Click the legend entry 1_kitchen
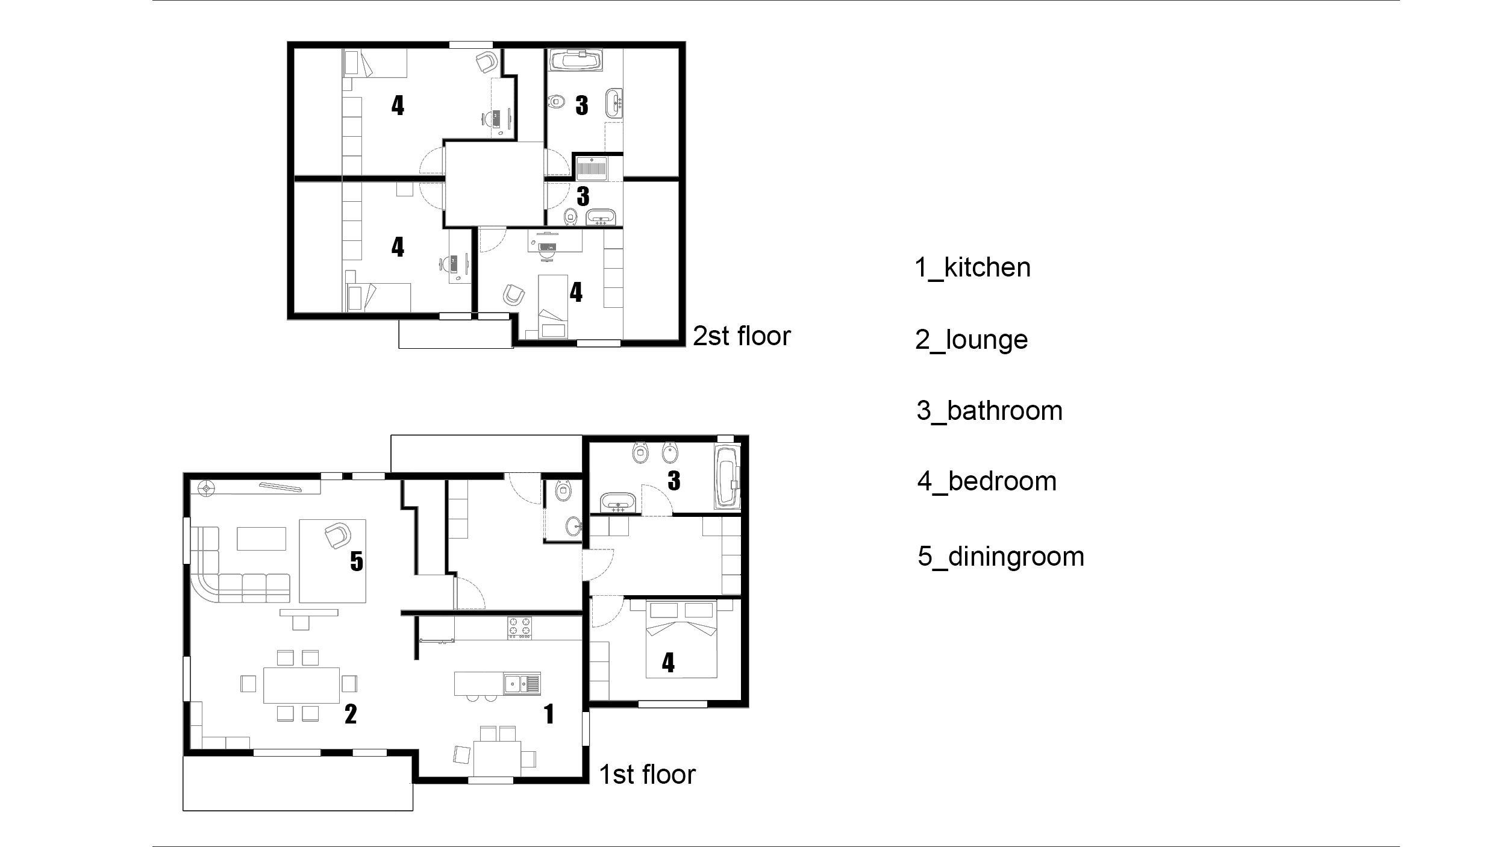[x=972, y=267]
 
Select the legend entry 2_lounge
[x=971, y=340]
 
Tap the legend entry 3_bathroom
[x=989, y=411]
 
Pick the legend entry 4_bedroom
[x=987, y=481]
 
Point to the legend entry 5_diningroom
[x=1001, y=556]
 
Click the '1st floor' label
[x=647, y=775]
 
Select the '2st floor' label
[x=742, y=336]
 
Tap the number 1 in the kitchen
[x=549, y=714]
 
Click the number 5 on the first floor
[x=357, y=561]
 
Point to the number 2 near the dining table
[x=351, y=714]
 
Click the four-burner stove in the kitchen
[x=520, y=627]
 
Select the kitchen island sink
[x=522, y=684]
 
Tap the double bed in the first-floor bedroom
[x=681, y=639]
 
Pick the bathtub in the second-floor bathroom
[x=576, y=60]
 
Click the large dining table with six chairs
[x=301, y=685]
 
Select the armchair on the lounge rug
[x=337, y=536]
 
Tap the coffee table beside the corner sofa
[x=261, y=539]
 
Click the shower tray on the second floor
[x=592, y=169]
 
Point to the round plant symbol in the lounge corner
[x=207, y=488]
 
